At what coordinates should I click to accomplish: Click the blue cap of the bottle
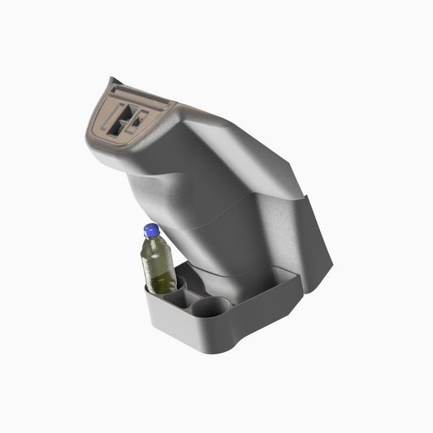150,230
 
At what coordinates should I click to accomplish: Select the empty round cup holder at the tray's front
214,307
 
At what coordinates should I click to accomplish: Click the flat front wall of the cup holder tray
175,325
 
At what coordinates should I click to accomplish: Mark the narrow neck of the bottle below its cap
152,239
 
